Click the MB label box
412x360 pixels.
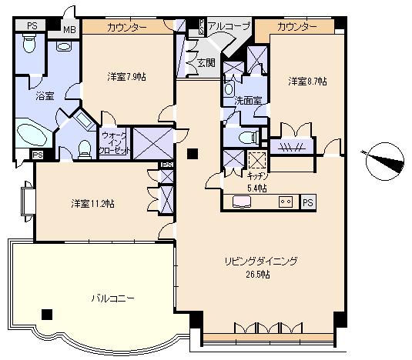click(x=69, y=28)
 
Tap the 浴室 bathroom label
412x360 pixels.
click(x=45, y=96)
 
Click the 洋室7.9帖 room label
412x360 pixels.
click(x=126, y=77)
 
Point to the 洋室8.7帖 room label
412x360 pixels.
click(x=307, y=81)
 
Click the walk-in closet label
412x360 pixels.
click(x=115, y=144)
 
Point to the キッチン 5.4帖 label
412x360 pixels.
click(x=257, y=182)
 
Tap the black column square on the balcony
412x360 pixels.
click(x=49, y=314)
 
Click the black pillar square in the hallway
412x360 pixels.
click(x=191, y=152)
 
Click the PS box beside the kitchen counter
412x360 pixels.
click(x=307, y=203)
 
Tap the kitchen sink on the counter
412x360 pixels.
click(x=241, y=203)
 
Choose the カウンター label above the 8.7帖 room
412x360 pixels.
click(x=296, y=27)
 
